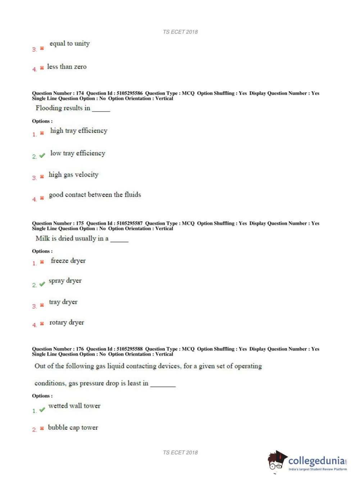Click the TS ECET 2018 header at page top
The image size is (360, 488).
click(180, 32)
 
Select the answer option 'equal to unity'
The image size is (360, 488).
click(69, 44)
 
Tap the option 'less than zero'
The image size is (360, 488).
click(67, 67)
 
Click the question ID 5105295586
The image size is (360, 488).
click(129, 93)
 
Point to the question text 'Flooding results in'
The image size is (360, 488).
click(63, 108)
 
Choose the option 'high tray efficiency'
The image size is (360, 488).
click(78, 131)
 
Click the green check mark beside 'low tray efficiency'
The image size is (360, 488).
click(42, 155)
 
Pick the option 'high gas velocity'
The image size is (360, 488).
click(73, 175)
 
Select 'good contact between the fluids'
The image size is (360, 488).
click(95, 195)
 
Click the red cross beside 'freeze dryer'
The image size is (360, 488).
click(42, 262)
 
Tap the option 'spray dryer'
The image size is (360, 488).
click(65, 281)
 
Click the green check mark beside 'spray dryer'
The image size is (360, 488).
click(42, 284)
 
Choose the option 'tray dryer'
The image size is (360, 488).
click(63, 302)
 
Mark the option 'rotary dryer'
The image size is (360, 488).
click(67, 322)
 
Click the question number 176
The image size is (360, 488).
click(80, 349)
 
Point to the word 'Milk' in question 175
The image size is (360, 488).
click(42, 238)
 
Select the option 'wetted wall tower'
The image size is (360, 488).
click(74, 406)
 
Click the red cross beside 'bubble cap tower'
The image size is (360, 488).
click(42, 428)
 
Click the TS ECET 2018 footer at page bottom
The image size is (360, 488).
click(180, 452)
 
